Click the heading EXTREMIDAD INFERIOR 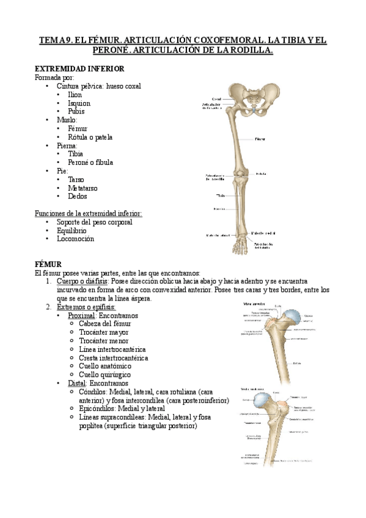tap(80, 69)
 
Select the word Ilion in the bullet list tap(75, 95)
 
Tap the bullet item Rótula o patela tap(90, 137)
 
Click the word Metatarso tap(82, 188)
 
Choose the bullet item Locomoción tap(75, 239)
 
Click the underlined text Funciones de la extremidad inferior tap(89, 213)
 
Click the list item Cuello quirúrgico tap(104, 374)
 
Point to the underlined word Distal tap(77, 383)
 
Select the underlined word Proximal tap(81, 315)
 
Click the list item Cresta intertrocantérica tap(113, 358)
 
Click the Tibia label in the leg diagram tap(221, 196)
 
